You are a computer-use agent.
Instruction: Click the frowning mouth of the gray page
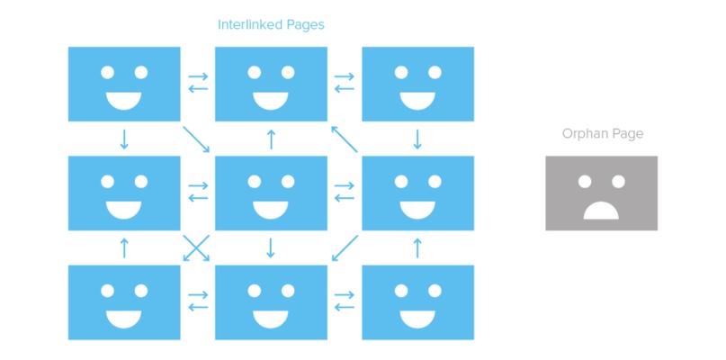click(x=600, y=211)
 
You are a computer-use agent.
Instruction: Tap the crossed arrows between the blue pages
click(x=197, y=247)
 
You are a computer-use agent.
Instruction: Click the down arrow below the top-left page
click(x=124, y=139)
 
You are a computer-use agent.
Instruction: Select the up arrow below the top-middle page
click(x=271, y=139)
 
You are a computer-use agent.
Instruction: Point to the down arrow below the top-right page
click(x=417, y=139)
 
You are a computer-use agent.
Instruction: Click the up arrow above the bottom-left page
click(x=124, y=247)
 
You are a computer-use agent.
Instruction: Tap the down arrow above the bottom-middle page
click(x=271, y=247)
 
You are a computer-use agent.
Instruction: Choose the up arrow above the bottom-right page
click(x=417, y=247)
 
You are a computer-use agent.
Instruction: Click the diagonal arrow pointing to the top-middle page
click(x=344, y=139)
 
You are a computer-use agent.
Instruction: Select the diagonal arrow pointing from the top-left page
click(x=197, y=139)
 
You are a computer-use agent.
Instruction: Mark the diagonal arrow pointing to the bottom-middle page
click(x=344, y=248)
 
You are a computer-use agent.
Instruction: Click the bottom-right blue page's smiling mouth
click(x=417, y=319)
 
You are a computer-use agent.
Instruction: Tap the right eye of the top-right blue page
click(x=435, y=72)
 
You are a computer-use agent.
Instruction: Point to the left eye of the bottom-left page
click(x=108, y=291)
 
